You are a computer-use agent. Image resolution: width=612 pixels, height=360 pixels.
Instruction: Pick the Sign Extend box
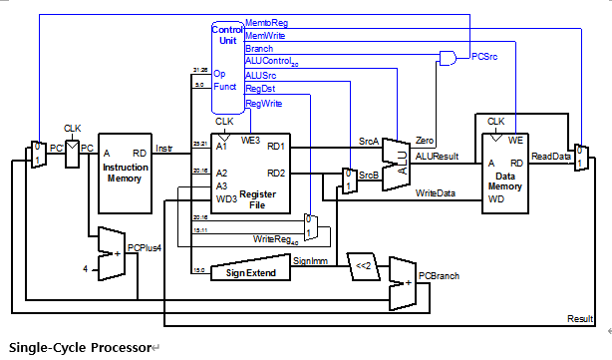250,272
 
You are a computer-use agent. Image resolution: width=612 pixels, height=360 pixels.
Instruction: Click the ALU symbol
396,160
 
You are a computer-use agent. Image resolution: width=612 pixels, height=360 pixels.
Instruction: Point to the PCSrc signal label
486,57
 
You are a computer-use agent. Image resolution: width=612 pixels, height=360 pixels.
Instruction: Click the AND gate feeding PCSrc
449,57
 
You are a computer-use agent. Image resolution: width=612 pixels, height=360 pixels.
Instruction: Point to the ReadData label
549,157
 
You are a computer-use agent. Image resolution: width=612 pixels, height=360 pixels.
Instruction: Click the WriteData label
436,192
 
